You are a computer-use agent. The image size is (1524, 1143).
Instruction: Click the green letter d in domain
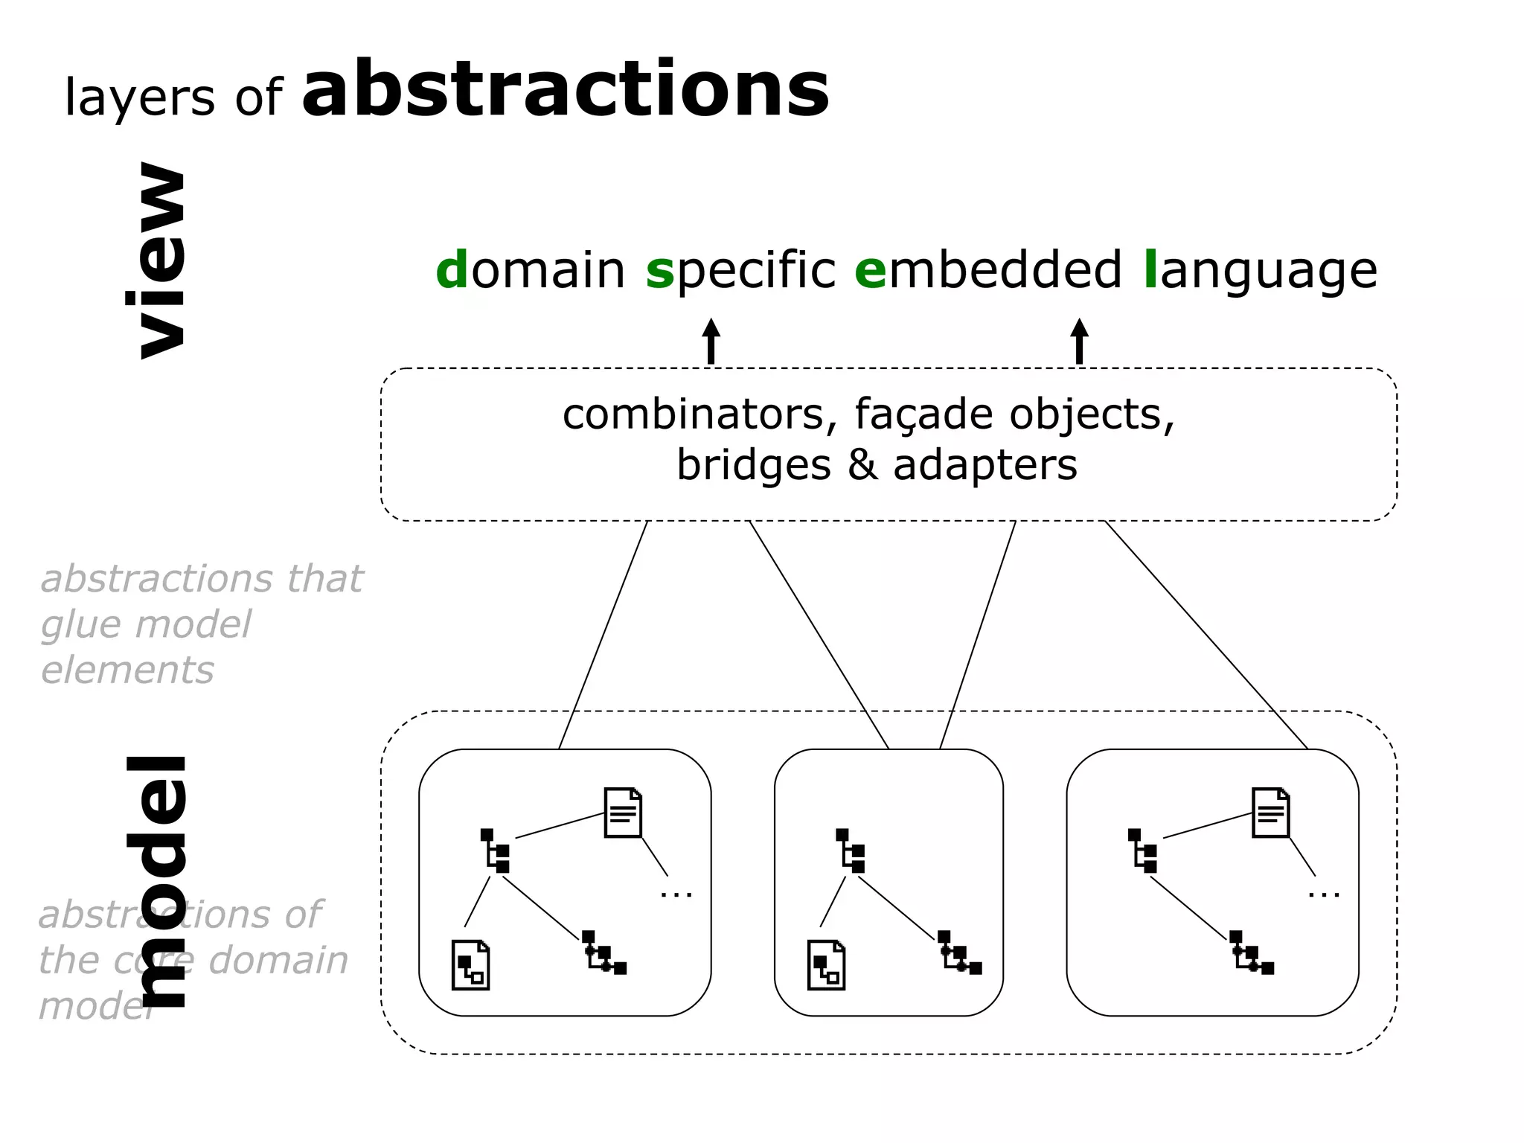click(x=452, y=269)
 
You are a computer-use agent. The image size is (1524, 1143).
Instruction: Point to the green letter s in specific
click(x=659, y=271)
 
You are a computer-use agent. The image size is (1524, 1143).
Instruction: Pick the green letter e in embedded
click(x=871, y=271)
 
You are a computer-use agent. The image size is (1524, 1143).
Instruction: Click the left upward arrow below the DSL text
click(x=711, y=341)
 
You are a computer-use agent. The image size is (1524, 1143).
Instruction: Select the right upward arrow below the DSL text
click(x=1080, y=341)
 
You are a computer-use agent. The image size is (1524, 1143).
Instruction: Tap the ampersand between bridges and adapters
click(x=862, y=465)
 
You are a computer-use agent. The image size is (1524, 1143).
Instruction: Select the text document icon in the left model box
click(x=623, y=813)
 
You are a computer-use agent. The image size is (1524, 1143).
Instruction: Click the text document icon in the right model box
click(x=1270, y=813)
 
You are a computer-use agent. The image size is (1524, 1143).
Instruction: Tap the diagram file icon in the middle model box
click(x=826, y=965)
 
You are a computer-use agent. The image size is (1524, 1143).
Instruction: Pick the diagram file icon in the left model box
click(x=470, y=965)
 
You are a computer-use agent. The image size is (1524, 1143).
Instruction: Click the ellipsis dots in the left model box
click(x=676, y=894)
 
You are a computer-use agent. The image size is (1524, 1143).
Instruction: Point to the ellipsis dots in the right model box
click(x=1324, y=894)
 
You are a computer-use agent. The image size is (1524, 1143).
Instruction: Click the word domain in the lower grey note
click(x=278, y=961)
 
